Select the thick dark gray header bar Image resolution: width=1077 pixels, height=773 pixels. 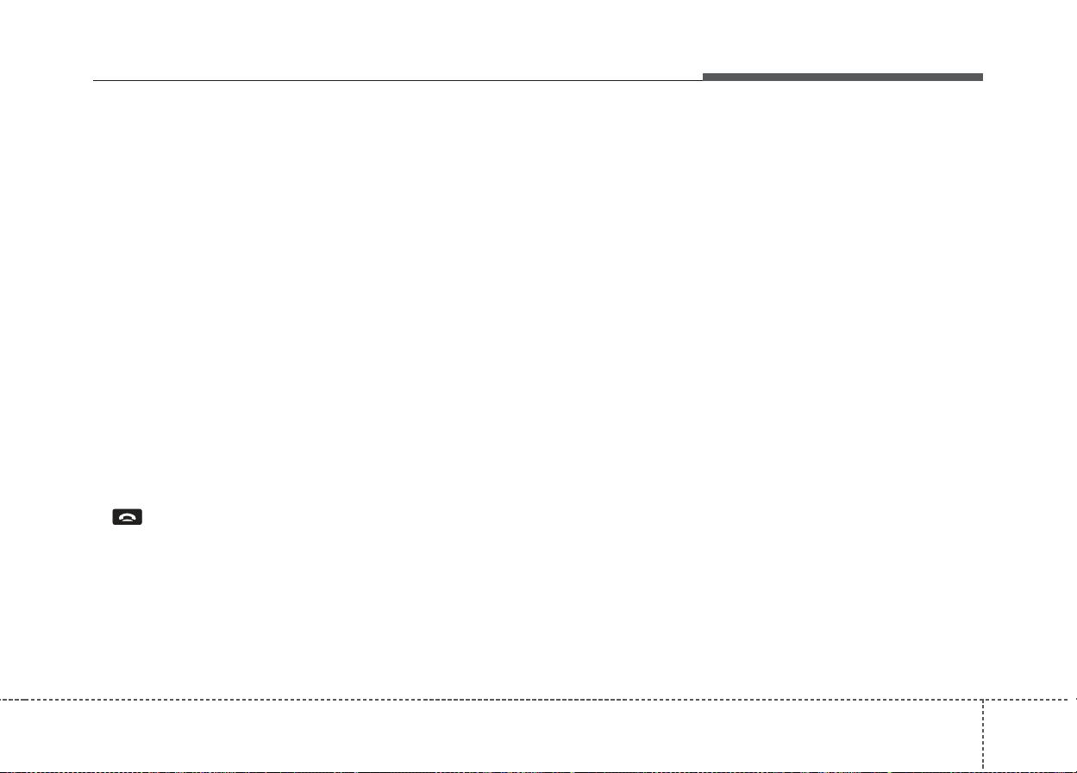tap(842, 78)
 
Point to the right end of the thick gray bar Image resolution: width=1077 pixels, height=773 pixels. tap(981, 78)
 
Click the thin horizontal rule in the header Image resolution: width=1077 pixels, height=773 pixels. tap(397, 81)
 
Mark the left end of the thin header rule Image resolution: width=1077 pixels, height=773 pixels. tap(94, 81)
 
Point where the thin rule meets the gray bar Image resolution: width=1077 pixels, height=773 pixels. tap(703, 80)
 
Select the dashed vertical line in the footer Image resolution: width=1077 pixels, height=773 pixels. tap(982, 732)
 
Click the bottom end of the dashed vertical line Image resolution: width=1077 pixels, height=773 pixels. tap(982, 767)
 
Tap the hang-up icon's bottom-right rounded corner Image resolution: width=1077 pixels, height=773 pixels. tap(141, 524)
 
